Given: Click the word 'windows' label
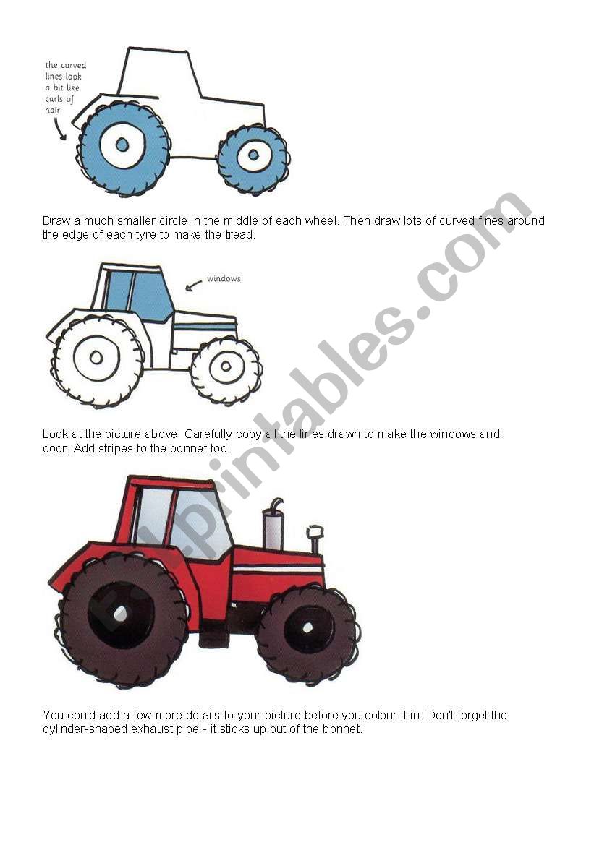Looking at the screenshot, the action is (224, 278).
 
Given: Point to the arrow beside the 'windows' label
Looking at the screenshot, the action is (193, 286).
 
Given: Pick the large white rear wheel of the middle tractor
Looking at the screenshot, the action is (97, 360).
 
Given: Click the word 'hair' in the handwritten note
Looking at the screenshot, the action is (52, 110).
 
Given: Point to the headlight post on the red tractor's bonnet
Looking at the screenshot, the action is (315, 539).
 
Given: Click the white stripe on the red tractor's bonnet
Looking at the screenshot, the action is (277, 570).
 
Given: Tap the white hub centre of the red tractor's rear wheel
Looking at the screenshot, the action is (120, 613).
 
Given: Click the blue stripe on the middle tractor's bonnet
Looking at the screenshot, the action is (205, 327).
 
